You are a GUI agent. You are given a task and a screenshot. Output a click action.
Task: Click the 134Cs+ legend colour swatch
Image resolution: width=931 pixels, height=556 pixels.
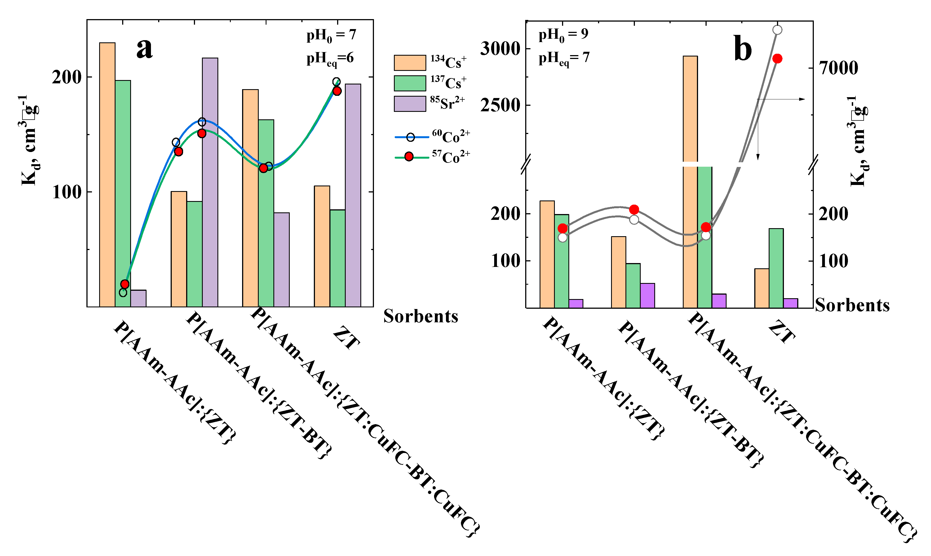[410, 63]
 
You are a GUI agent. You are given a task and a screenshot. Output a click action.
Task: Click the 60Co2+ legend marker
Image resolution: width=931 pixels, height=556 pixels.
[411, 137]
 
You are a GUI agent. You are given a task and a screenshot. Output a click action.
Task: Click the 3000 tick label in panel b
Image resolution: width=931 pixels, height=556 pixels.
[500, 49]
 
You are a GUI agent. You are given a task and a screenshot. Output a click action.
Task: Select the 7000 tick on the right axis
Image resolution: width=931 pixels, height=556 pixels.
[838, 68]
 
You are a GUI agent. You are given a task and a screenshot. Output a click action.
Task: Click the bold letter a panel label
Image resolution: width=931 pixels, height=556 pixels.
[144, 49]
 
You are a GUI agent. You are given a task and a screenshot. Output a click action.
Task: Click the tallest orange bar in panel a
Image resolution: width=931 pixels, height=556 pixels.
[107, 174]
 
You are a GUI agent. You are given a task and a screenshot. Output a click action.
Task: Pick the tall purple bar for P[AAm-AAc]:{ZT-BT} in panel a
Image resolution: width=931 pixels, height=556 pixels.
[210, 182]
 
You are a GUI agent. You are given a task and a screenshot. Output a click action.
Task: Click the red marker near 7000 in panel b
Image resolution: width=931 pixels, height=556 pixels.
[777, 59]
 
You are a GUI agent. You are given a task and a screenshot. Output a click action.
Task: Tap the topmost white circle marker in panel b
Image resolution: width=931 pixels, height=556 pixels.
[777, 30]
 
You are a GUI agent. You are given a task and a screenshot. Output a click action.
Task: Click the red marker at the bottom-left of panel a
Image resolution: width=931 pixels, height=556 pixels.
[125, 284]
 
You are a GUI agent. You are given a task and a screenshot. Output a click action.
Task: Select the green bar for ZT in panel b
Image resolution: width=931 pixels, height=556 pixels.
[776, 268]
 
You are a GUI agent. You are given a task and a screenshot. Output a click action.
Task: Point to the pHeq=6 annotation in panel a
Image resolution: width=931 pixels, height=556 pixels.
[330, 59]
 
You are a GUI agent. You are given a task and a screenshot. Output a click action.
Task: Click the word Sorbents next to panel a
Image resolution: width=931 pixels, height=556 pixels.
[420, 316]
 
